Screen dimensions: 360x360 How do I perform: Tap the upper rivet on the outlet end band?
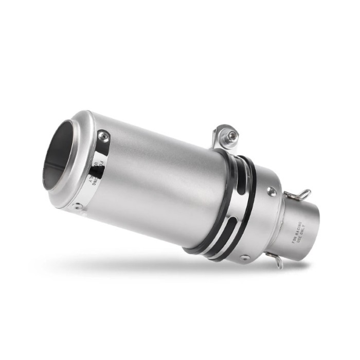click(104, 136)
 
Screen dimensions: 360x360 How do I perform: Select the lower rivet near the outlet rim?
click(78, 207)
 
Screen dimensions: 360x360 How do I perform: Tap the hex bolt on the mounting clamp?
click(232, 136)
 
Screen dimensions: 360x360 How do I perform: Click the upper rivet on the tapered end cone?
click(271, 191)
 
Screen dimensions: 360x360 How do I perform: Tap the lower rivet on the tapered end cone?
click(246, 256)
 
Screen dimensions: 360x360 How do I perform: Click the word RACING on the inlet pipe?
click(301, 230)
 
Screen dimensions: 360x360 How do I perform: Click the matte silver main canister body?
click(165, 175)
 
